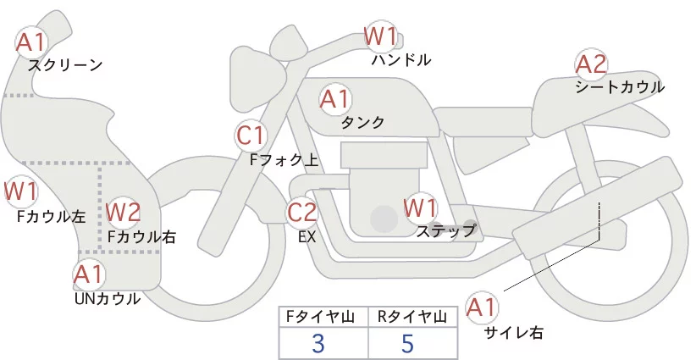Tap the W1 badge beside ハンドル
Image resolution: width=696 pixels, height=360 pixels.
(x=381, y=36)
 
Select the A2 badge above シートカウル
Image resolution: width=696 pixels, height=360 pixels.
(x=591, y=64)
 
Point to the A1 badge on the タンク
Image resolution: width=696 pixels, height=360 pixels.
(x=334, y=99)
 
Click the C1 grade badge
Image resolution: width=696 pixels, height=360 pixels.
(x=251, y=135)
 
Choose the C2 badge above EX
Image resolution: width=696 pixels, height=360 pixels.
(x=302, y=212)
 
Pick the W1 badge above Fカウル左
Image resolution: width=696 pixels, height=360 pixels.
(x=20, y=191)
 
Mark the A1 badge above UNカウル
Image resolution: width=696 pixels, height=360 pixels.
(x=88, y=274)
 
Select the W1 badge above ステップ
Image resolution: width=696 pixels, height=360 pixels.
(x=420, y=207)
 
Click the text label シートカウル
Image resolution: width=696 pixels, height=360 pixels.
(x=619, y=86)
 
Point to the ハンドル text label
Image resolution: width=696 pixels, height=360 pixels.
(x=401, y=60)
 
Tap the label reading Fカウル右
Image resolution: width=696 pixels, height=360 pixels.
(x=142, y=237)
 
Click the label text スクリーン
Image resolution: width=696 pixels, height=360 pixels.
(x=65, y=64)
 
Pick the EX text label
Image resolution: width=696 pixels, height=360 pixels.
(x=307, y=237)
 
